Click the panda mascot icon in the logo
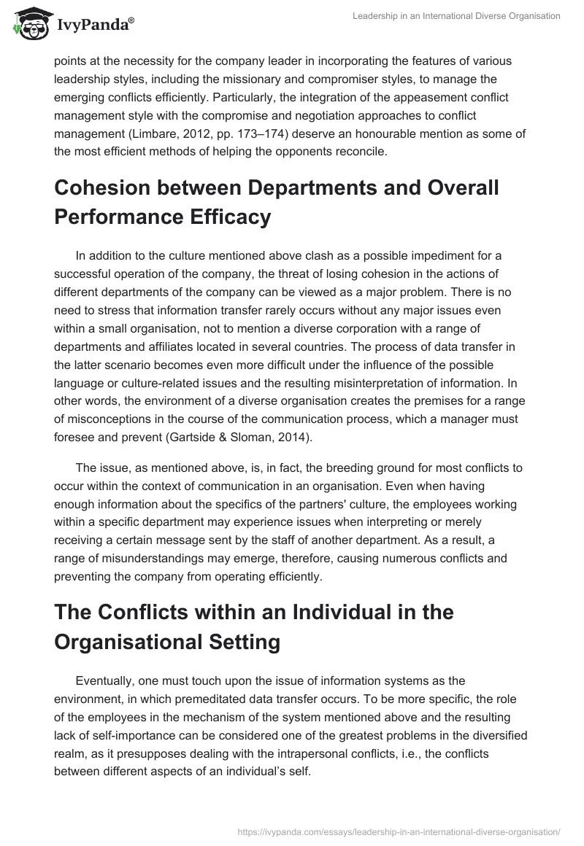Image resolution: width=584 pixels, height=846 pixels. point(28,24)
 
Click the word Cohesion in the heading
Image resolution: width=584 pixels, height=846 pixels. point(109,187)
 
